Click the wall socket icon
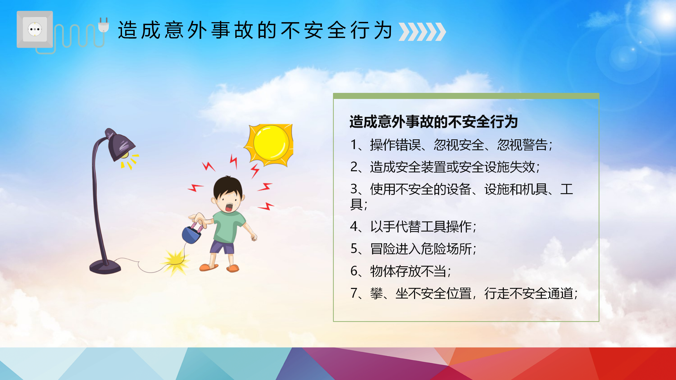coord(35,29)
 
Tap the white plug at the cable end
coord(104,25)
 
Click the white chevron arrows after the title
coord(422,32)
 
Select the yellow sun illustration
coord(269,145)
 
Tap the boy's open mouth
coord(229,207)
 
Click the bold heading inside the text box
coord(434,122)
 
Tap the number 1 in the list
coord(354,145)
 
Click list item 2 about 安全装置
coord(445,167)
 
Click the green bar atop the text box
coord(466,96)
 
